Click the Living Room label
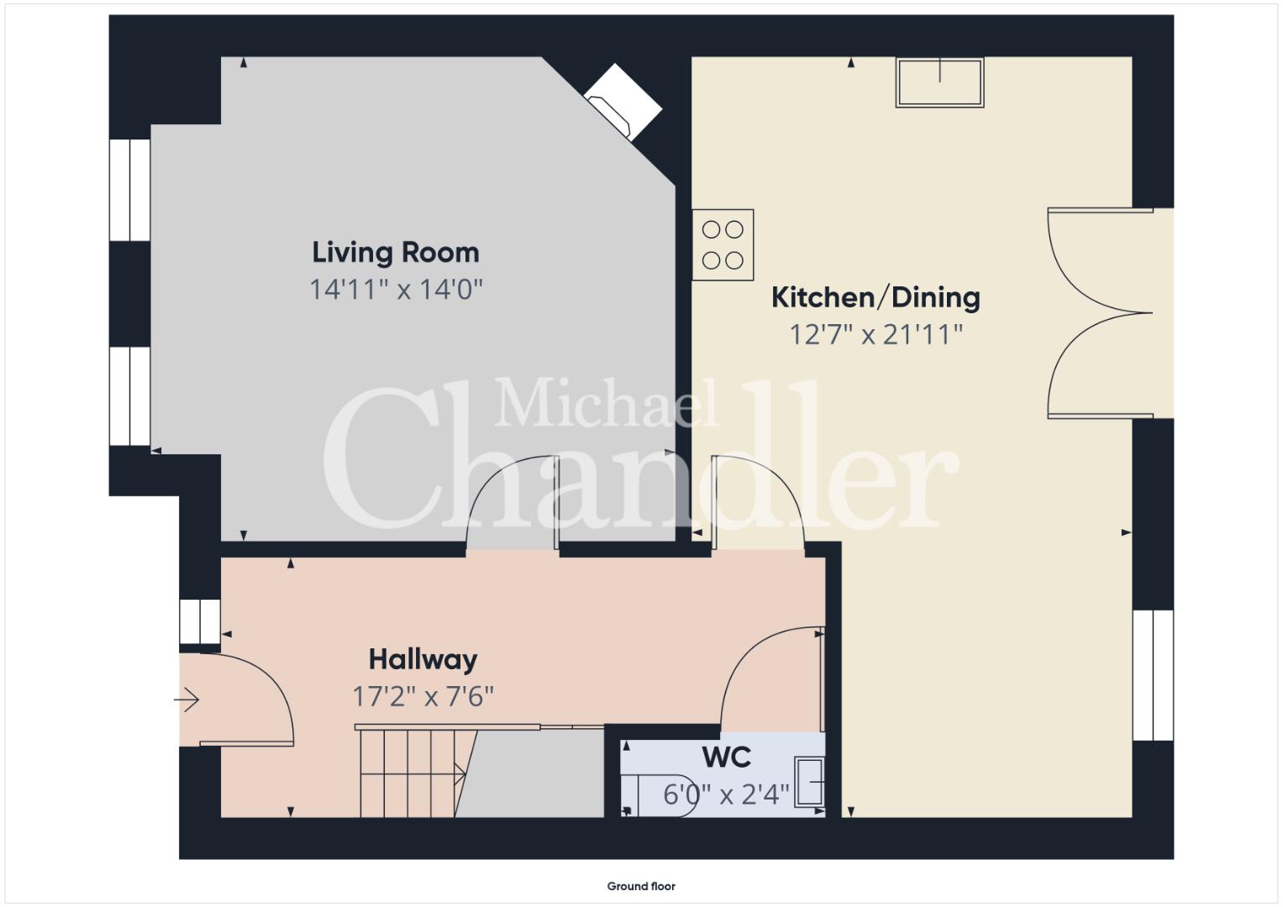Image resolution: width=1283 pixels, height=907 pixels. pyautogui.click(x=395, y=253)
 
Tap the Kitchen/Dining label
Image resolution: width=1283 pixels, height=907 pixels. pyautogui.click(x=875, y=297)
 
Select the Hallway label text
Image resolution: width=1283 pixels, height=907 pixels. pyautogui.click(x=423, y=659)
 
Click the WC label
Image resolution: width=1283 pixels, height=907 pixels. pyautogui.click(x=727, y=758)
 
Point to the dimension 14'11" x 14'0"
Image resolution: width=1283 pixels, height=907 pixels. pyautogui.click(x=396, y=289)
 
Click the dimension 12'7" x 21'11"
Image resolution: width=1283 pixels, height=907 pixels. pyautogui.click(x=875, y=334)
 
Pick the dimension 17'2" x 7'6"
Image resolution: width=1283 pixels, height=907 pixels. pyautogui.click(x=423, y=697)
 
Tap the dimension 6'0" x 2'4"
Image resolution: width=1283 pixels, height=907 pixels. pyautogui.click(x=726, y=794)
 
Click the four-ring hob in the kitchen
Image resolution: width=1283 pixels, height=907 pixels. pyautogui.click(x=723, y=245)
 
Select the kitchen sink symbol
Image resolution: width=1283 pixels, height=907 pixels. pyautogui.click(x=940, y=82)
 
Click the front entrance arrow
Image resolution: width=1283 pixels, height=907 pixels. pyautogui.click(x=187, y=700)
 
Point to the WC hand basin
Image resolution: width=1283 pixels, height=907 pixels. pyautogui.click(x=809, y=782)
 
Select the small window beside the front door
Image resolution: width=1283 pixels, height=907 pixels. pyautogui.click(x=200, y=621)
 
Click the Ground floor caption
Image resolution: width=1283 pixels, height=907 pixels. pyautogui.click(x=641, y=886)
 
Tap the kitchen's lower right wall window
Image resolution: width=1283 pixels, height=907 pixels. pyautogui.click(x=1153, y=675)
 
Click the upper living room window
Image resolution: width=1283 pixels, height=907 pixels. pyautogui.click(x=130, y=190)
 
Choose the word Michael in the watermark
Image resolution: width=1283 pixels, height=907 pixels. pyautogui.click(x=606, y=402)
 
